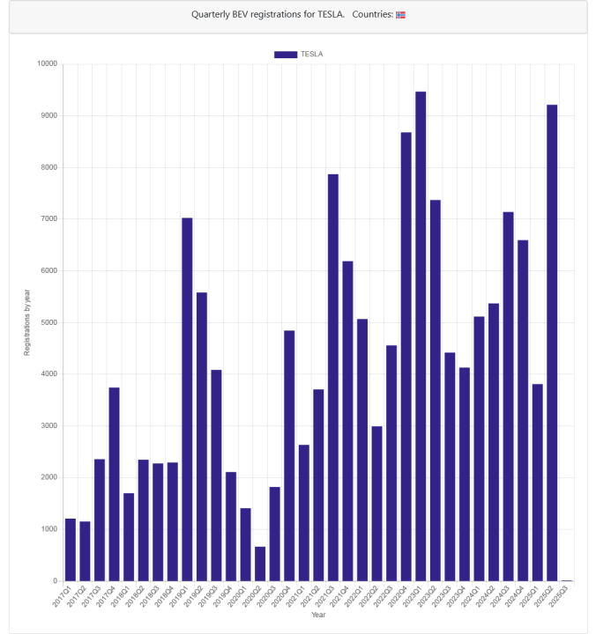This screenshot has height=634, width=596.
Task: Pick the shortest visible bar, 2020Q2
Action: [x=260, y=564]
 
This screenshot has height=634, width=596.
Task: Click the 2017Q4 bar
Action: [x=114, y=484]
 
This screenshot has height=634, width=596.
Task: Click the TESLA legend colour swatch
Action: [x=286, y=54]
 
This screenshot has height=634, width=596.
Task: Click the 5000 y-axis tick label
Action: [x=48, y=322]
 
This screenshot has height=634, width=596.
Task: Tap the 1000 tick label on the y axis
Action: [x=48, y=529]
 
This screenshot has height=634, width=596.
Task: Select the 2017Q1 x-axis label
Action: [x=63, y=596]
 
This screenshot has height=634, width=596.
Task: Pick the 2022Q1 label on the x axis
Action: [x=354, y=596]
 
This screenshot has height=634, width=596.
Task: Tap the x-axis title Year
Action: [x=318, y=615]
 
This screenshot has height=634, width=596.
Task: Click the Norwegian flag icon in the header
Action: [x=400, y=15]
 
